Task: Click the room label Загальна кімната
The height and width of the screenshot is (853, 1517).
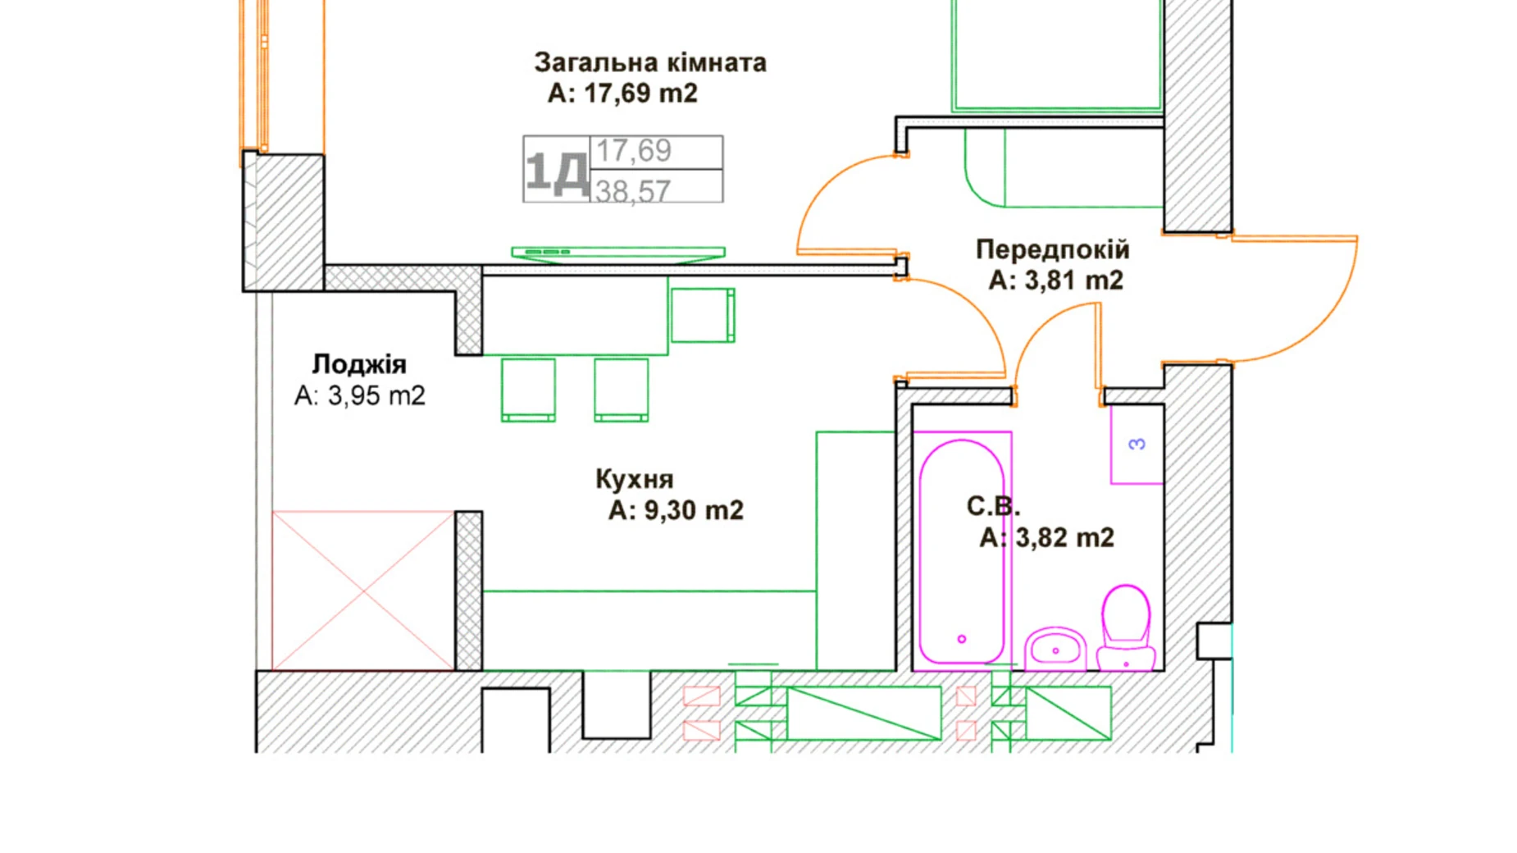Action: [649, 62]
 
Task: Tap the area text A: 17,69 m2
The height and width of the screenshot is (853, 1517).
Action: [622, 94]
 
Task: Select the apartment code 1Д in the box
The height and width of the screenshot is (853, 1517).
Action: [556, 171]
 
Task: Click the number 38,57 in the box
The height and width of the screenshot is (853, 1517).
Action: [632, 191]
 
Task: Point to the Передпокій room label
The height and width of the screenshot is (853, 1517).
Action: [1052, 249]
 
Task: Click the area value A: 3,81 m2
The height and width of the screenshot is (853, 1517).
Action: [1055, 281]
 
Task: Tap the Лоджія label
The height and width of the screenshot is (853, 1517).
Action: [359, 364]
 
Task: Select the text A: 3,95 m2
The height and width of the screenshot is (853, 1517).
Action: [359, 396]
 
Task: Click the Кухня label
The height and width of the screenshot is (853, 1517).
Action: [634, 479]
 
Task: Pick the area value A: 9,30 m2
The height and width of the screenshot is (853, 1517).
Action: [676, 510]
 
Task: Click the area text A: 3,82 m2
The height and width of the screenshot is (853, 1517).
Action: [1046, 538]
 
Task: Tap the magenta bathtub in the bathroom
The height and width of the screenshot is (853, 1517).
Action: [961, 550]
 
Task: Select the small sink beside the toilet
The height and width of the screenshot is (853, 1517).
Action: [1055, 649]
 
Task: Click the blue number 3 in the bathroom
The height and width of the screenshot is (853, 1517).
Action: [1137, 445]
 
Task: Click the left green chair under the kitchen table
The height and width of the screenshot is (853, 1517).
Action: [528, 390]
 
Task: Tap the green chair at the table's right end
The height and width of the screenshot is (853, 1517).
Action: [703, 315]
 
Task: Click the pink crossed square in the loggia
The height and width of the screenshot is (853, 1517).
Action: [362, 591]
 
